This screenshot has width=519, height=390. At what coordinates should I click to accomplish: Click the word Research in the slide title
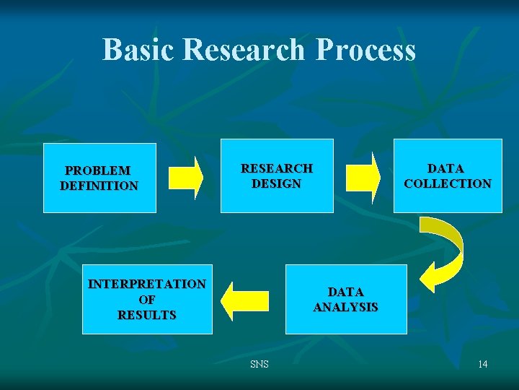pos(244,50)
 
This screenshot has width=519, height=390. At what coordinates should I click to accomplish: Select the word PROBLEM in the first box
pos(98,170)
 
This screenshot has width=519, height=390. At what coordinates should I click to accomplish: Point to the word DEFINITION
pos(99,186)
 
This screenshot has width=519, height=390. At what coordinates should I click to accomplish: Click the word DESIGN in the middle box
pos(277,183)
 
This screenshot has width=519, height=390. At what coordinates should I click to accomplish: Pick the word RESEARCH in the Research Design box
pos(277,168)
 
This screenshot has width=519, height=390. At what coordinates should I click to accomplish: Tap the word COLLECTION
pos(448,183)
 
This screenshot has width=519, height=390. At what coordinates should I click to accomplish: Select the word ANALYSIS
pos(346,307)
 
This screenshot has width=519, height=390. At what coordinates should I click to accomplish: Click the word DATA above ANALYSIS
pos(346,292)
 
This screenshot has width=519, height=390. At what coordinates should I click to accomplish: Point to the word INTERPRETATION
pos(147,284)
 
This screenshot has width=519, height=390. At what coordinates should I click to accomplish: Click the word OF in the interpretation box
pos(147,300)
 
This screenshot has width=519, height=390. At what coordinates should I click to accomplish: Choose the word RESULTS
pos(147,316)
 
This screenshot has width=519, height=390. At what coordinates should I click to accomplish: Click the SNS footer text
pos(259,364)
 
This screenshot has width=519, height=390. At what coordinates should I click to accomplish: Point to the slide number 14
pos(482,364)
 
